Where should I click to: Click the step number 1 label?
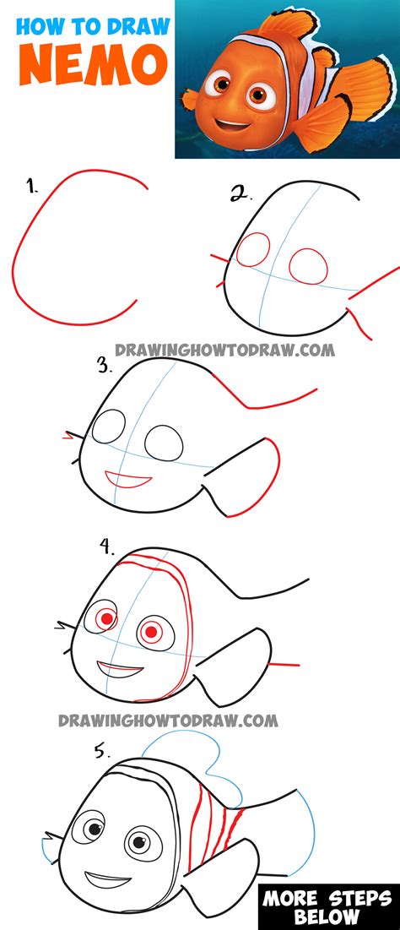coord(32,188)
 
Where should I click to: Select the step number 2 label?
coord(241,193)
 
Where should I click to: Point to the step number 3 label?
coord(105,366)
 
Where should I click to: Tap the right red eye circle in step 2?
coord(308,250)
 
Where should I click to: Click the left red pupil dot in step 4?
coord(106,618)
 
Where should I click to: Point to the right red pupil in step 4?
coord(151,633)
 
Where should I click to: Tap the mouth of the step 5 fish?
coord(106,879)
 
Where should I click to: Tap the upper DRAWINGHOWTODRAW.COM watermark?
coord(224,350)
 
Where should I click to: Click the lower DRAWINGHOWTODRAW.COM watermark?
coord(168,721)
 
